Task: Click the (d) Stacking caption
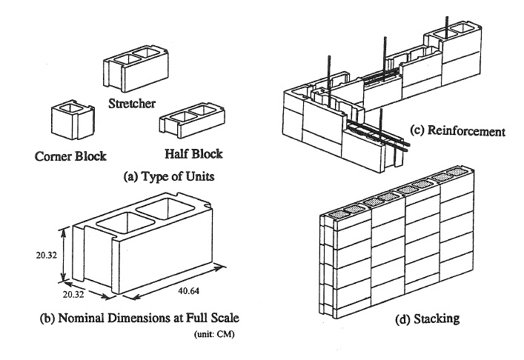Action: tap(408, 321)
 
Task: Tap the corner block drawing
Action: tap(70, 120)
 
